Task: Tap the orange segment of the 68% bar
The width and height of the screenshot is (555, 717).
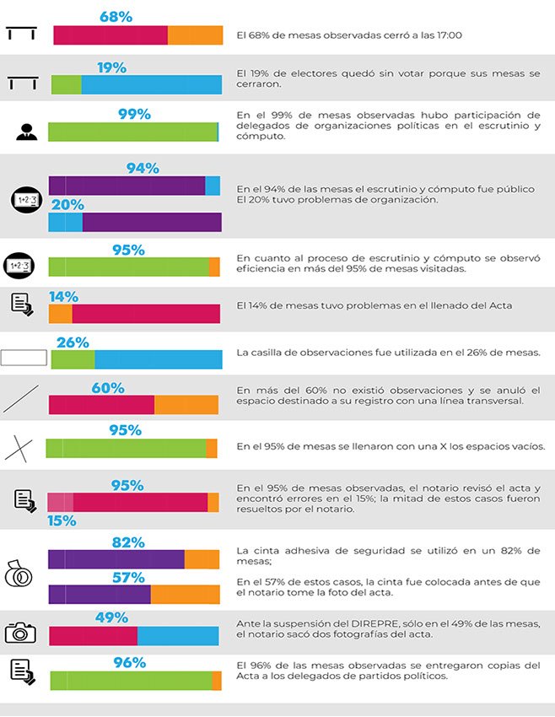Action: [x=195, y=35]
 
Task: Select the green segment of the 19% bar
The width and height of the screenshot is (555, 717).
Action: [x=66, y=84]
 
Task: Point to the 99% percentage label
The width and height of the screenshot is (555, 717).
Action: [x=134, y=114]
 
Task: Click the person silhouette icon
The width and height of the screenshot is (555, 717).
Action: [x=25, y=132]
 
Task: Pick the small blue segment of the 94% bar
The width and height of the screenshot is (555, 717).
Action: [x=213, y=186]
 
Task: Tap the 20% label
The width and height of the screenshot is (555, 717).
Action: [x=67, y=205]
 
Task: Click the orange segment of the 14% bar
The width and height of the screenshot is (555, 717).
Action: [x=60, y=313]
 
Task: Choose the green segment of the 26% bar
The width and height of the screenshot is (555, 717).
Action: [x=73, y=360]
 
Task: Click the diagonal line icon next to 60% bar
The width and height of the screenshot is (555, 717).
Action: [x=21, y=398]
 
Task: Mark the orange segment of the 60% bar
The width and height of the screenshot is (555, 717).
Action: [x=186, y=404]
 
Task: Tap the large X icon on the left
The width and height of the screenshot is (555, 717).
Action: [x=19, y=448]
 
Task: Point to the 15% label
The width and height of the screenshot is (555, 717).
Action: [x=62, y=520]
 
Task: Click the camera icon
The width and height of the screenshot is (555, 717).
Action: [x=21, y=632]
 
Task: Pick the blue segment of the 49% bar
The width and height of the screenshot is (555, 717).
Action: [x=178, y=636]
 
